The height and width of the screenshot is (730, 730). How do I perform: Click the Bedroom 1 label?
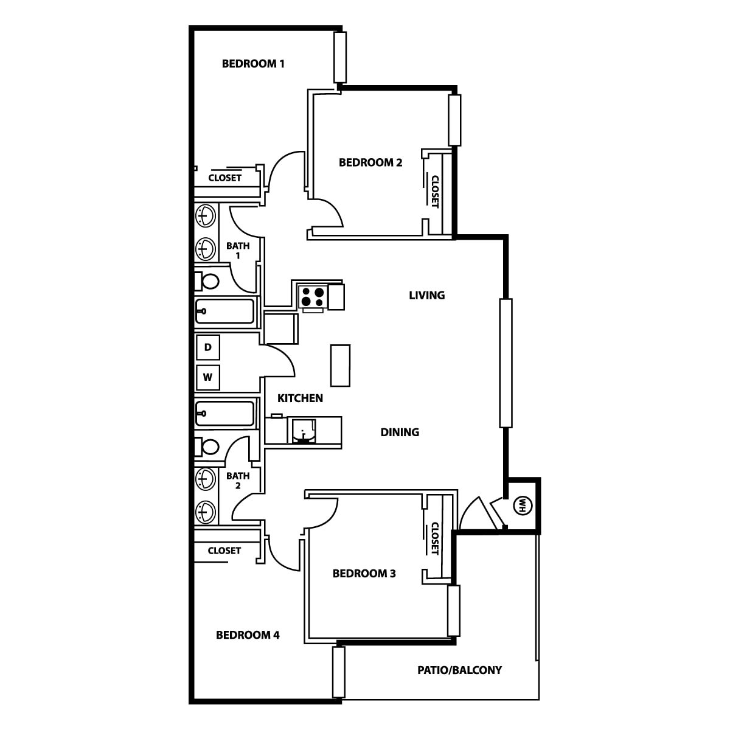[x=253, y=64]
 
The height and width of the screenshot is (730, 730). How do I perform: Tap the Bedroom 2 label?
[x=370, y=162]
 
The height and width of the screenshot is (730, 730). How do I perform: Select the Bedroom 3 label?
[x=364, y=574]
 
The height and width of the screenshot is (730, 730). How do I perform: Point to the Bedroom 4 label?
[x=248, y=635]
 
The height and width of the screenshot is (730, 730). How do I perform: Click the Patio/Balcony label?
[x=459, y=670]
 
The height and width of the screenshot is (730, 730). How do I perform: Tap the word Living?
[x=427, y=295]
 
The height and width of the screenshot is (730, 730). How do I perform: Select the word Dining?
[x=400, y=432]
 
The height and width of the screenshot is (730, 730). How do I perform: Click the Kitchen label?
[x=300, y=398]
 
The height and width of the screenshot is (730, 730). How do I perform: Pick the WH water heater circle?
[x=523, y=506]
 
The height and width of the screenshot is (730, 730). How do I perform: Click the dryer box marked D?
[x=208, y=347]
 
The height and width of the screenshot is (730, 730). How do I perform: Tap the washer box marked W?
[x=208, y=377]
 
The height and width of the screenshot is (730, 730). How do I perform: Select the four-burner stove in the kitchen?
[x=313, y=297]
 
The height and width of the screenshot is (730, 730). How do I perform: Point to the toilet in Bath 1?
[x=207, y=282]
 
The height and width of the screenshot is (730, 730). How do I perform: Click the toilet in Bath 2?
[x=207, y=447]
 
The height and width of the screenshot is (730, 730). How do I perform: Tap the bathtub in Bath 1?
[x=224, y=311]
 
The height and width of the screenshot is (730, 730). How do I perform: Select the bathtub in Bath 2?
[x=224, y=413]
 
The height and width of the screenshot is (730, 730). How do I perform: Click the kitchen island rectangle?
[x=340, y=366]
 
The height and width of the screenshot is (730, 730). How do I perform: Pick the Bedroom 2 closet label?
[x=435, y=192]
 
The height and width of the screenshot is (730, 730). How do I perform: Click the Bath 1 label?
[x=238, y=251]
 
